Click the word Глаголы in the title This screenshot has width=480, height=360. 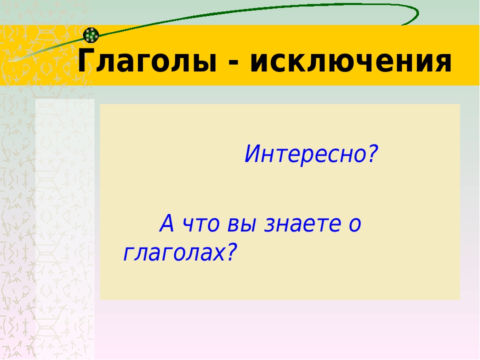tap(147, 60)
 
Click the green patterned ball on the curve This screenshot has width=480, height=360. tap(91, 35)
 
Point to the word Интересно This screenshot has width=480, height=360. tap(305, 153)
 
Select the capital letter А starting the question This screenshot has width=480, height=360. tap(167, 223)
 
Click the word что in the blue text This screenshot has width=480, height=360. tap(201, 224)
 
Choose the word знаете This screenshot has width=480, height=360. tap(302, 224)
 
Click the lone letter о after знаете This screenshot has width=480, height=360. tap(355, 226)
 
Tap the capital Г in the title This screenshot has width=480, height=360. tap(86, 60)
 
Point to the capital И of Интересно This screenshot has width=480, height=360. tap(252, 153)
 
